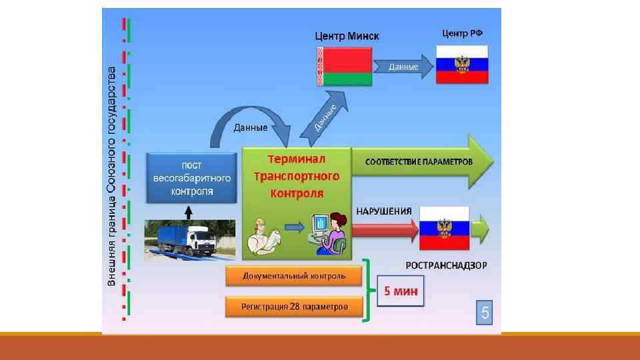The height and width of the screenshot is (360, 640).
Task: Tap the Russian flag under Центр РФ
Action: pyautogui.click(x=462, y=64)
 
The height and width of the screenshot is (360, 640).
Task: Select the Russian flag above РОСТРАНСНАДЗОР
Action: pyautogui.click(x=443, y=230)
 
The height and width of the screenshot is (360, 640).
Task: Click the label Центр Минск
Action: pyautogui.click(x=347, y=36)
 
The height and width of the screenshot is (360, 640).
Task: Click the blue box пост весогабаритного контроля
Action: pyautogui.click(x=192, y=178)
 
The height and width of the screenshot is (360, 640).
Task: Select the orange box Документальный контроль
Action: pyautogui.click(x=295, y=275)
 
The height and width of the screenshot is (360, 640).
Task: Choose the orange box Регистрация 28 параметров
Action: pyautogui.click(x=295, y=307)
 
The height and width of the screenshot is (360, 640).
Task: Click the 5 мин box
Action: pyautogui.click(x=401, y=291)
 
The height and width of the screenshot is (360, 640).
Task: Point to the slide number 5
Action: pyautogui.click(x=485, y=312)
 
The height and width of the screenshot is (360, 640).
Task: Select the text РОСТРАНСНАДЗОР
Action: pyautogui.click(x=446, y=265)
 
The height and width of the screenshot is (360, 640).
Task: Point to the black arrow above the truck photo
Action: pyautogui.click(x=189, y=212)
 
